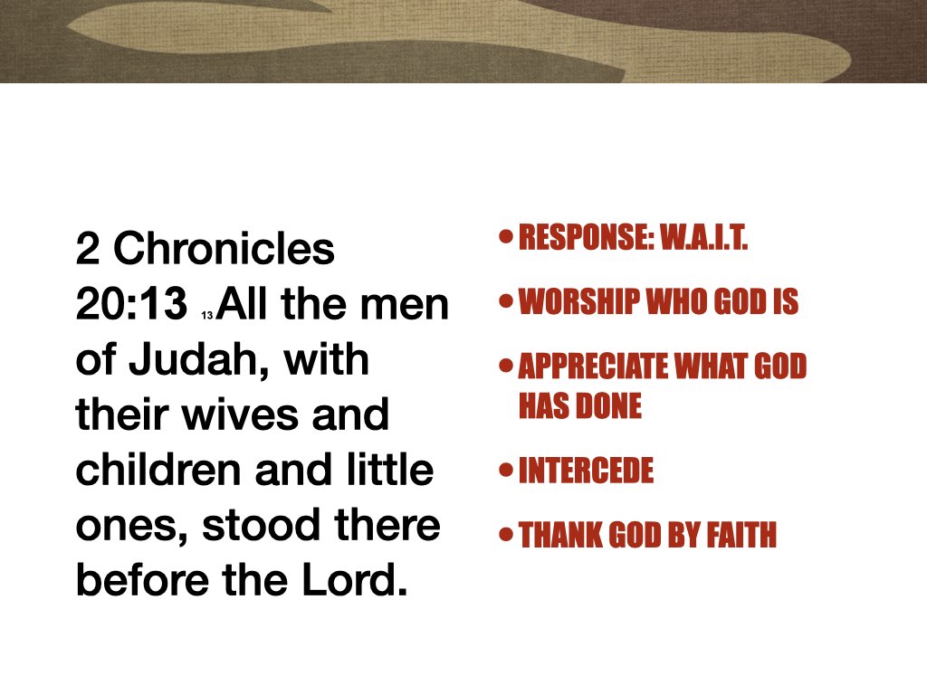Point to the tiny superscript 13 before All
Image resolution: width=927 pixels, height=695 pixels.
pos(207,316)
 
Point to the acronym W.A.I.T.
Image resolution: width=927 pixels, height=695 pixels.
pos(702,241)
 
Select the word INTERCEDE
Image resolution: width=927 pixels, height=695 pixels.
pos(586,471)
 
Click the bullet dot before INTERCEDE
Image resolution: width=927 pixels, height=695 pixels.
pos(506,470)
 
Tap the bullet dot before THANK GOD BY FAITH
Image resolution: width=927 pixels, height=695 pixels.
pos(506,534)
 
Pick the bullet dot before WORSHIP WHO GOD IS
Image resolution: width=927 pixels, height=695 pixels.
pos(506,301)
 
